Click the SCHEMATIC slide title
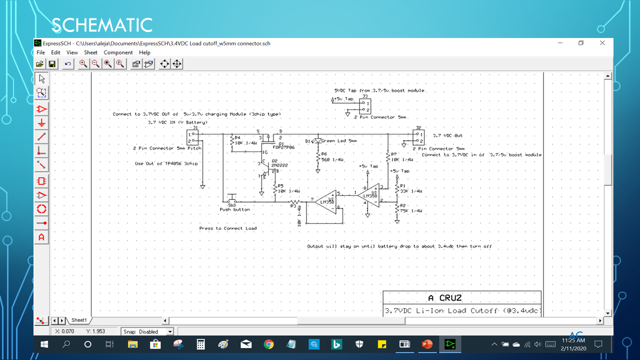pyautogui.click(x=102, y=24)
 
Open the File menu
pyautogui.click(x=40, y=52)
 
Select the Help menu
pyautogui.click(x=144, y=52)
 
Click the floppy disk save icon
pyautogui.click(x=51, y=64)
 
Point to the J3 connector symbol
pyautogui.click(x=364, y=106)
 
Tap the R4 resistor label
pyautogui.click(x=237, y=137)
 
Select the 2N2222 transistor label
pyautogui.click(x=280, y=164)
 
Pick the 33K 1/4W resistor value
pyautogui.click(x=411, y=191)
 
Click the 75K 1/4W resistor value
pyautogui.click(x=411, y=211)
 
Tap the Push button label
pyautogui.click(x=234, y=209)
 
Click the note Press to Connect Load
pyautogui.click(x=228, y=228)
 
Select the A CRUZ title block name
pyautogui.click(x=444, y=298)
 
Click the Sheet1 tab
pyautogui.click(x=79, y=320)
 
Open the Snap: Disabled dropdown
pyautogui.click(x=170, y=331)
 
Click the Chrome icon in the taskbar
pyautogui.click(x=268, y=344)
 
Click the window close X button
pyautogui.click(x=602, y=43)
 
